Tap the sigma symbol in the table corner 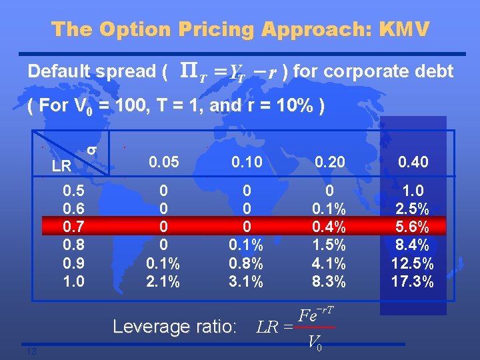pyautogui.click(x=93, y=153)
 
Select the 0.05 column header pyautogui.click(x=163, y=161)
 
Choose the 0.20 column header pyautogui.click(x=329, y=161)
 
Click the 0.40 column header pyautogui.click(x=413, y=161)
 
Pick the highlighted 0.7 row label pyautogui.click(x=73, y=226)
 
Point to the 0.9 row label pyautogui.click(x=73, y=263)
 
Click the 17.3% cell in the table pyautogui.click(x=413, y=282)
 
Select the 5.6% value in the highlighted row pyautogui.click(x=413, y=226)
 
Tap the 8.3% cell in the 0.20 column pyautogui.click(x=329, y=282)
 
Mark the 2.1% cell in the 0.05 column pyautogui.click(x=163, y=282)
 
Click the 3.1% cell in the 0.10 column pyautogui.click(x=247, y=282)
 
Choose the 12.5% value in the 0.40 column pyautogui.click(x=413, y=263)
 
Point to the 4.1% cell pyautogui.click(x=329, y=263)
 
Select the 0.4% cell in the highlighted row pyautogui.click(x=329, y=226)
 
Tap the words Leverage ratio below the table pyautogui.click(x=175, y=327)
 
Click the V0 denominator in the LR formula pyautogui.click(x=316, y=342)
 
